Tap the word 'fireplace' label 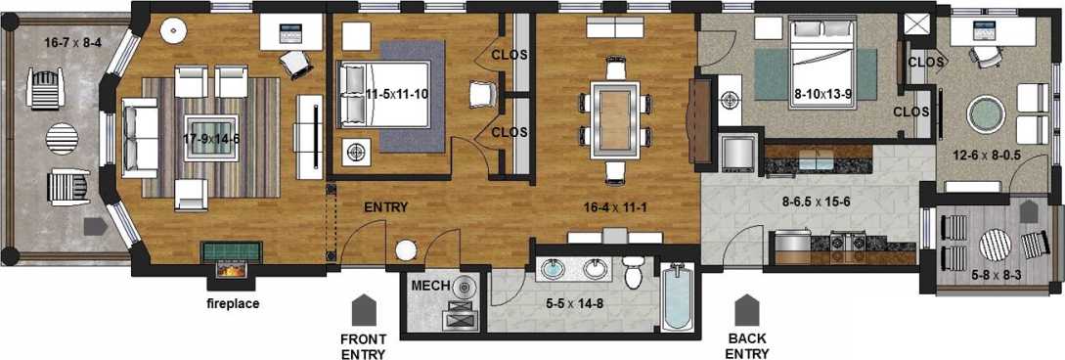click(x=232, y=303)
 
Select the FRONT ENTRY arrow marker click(x=364, y=310)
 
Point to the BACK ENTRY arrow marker click(x=747, y=310)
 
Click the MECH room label click(x=429, y=286)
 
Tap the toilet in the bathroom click(x=633, y=273)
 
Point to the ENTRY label click(x=385, y=208)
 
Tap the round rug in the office click(x=986, y=113)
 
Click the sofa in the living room click(x=141, y=136)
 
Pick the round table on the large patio click(x=62, y=137)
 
